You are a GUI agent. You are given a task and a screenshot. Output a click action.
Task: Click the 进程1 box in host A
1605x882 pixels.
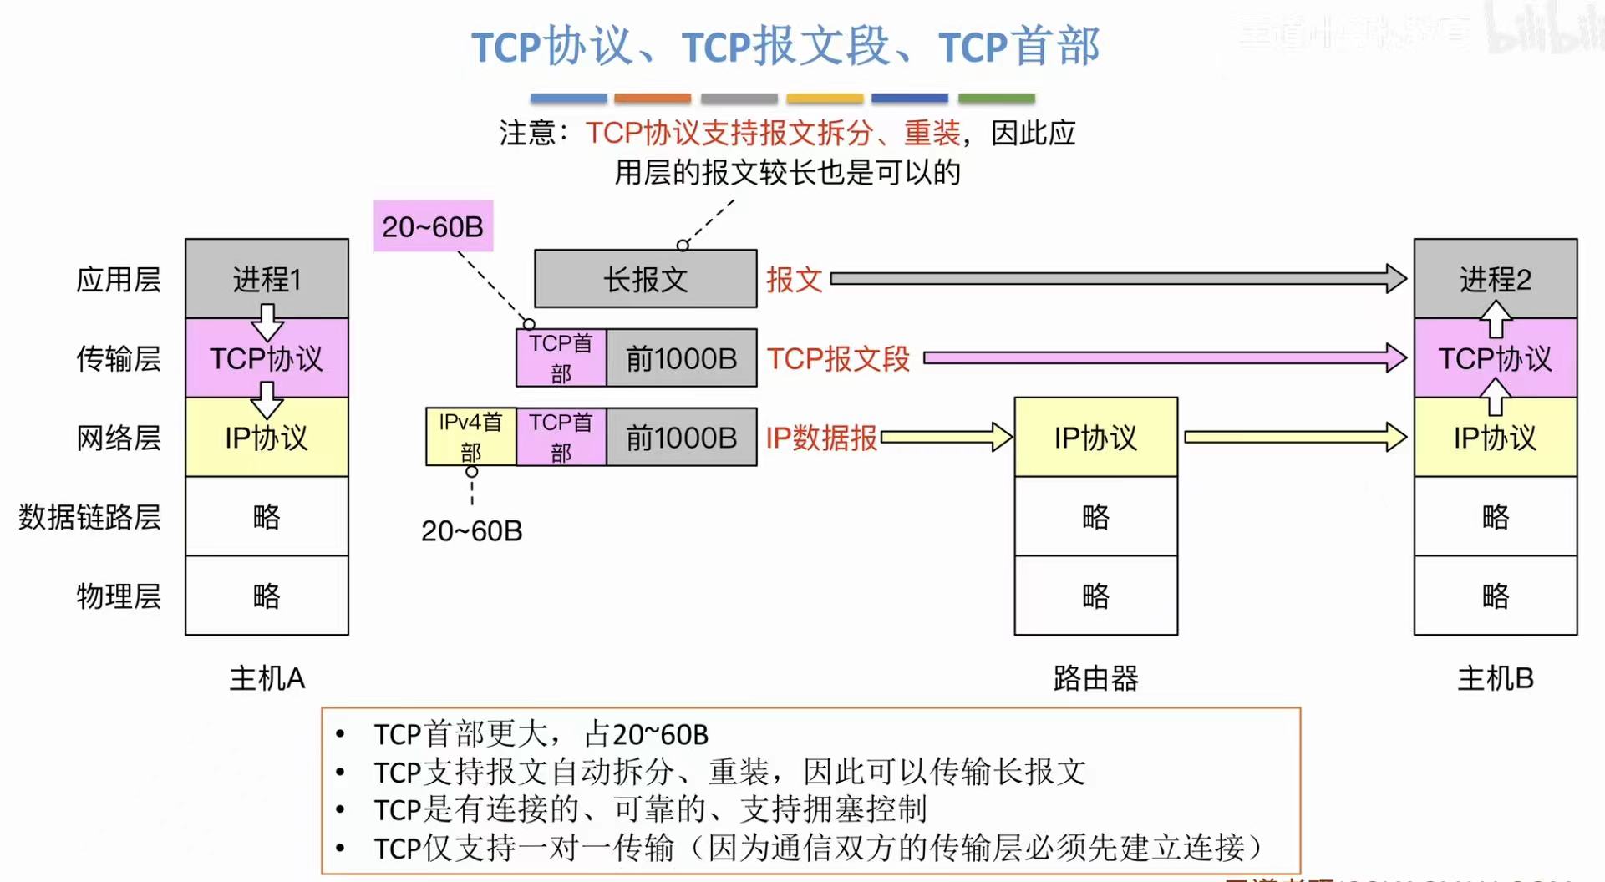coord(267,278)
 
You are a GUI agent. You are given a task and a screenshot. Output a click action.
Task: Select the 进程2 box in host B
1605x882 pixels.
coord(1495,278)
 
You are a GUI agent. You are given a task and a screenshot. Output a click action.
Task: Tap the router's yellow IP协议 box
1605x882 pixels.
coord(1095,437)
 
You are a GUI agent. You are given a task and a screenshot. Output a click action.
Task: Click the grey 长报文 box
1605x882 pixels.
coord(645,279)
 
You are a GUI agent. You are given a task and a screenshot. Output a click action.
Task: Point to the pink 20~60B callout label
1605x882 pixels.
coord(433,226)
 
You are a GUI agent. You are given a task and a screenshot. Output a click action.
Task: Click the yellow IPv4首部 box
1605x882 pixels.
coord(470,437)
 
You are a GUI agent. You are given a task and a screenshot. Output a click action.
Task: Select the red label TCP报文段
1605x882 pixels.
coord(838,358)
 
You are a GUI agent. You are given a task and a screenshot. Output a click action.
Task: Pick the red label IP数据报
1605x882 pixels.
coord(821,438)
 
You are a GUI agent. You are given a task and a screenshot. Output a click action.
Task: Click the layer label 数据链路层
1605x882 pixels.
coord(89,517)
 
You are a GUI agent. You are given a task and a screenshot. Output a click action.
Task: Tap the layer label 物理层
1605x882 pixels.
coord(118,596)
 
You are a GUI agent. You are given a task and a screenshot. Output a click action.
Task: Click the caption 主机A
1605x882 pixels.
coord(267,678)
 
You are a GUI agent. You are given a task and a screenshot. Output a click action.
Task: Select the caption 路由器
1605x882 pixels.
coord(1095,678)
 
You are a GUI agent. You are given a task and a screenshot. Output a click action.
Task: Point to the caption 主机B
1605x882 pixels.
coord(1495,678)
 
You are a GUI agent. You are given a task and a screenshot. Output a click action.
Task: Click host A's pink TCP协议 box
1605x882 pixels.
coord(267,358)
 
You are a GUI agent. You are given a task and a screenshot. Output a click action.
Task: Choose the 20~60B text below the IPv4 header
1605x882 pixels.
coord(471,530)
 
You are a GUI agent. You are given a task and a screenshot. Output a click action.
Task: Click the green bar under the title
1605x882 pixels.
coord(996,99)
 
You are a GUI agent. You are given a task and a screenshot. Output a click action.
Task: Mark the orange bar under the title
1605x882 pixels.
coord(653,99)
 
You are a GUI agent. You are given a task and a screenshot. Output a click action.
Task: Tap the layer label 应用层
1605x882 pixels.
coord(118,279)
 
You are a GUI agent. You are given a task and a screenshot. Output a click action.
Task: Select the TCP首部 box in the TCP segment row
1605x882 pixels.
coord(561,358)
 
